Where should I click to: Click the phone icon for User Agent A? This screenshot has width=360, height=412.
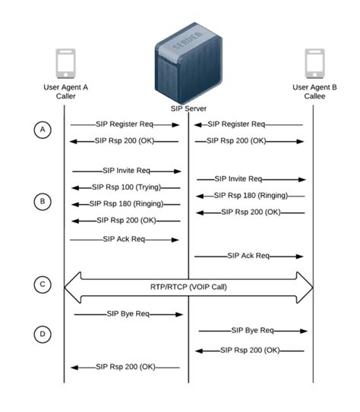pos(65,64)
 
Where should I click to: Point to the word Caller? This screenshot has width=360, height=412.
pos(65,96)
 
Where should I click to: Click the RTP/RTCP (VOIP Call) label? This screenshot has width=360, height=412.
pos(188,288)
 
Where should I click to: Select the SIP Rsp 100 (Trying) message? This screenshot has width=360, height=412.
pos(126,187)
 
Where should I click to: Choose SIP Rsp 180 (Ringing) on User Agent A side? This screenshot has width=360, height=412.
pos(125,203)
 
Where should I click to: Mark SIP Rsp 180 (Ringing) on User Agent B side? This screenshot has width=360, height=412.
pos(251,196)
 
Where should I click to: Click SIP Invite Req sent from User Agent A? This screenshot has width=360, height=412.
pos(126,171)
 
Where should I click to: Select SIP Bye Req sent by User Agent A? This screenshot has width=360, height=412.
pos(126,313)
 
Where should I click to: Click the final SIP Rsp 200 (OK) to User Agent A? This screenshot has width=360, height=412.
pos(126,367)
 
